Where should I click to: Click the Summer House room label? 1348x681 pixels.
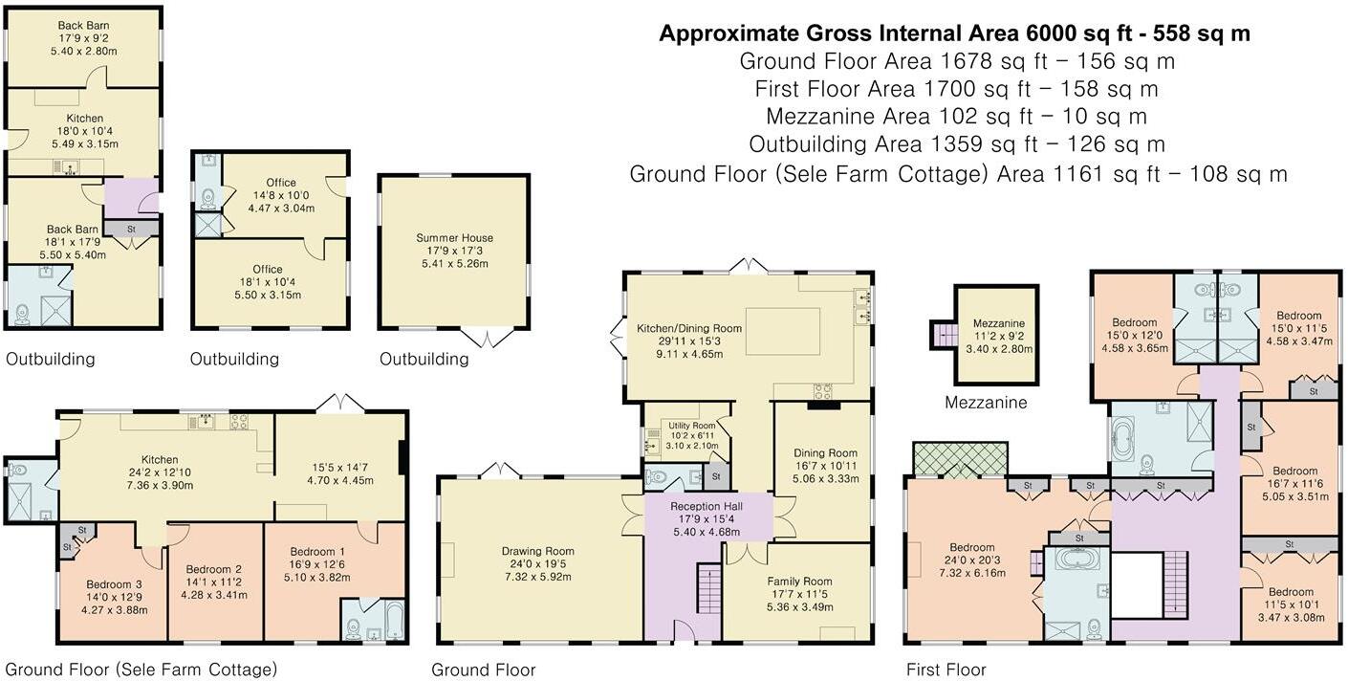point(454,238)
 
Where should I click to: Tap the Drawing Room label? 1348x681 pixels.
point(538,551)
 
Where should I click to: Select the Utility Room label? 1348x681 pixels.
point(692,425)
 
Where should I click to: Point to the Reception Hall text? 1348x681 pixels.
point(707,506)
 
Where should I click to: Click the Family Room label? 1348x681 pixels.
point(800,581)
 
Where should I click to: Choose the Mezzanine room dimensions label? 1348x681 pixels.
point(999,342)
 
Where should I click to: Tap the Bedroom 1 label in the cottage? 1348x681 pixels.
point(317,552)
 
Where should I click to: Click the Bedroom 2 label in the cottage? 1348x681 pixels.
point(213,569)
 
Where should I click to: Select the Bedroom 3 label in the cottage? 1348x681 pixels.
point(115,584)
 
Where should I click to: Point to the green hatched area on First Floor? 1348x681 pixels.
point(961,460)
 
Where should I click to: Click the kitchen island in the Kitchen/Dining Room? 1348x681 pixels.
point(783,332)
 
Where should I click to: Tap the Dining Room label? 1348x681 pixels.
point(825,452)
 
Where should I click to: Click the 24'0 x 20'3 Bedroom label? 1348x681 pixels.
point(972,560)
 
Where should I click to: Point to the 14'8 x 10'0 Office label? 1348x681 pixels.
point(281,195)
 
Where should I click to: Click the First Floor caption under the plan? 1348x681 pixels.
point(946,670)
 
